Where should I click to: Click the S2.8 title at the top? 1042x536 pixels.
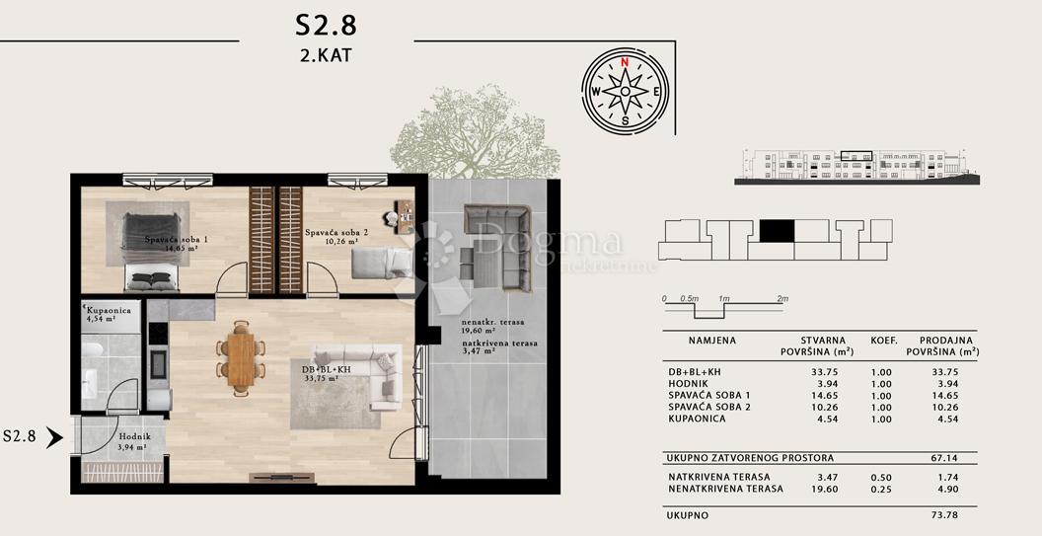tap(327, 23)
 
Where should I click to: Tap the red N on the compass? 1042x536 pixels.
tap(625, 61)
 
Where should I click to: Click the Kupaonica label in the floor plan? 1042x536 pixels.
tap(107, 312)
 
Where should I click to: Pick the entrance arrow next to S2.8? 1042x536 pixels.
tap(55, 435)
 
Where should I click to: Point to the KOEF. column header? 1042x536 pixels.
tap(883, 340)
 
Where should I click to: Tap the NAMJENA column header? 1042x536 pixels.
tap(711, 340)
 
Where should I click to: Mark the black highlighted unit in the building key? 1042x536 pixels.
tap(777, 230)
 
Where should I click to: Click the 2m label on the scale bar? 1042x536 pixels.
tap(783, 298)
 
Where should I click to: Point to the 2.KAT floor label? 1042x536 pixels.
tap(326, 55)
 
